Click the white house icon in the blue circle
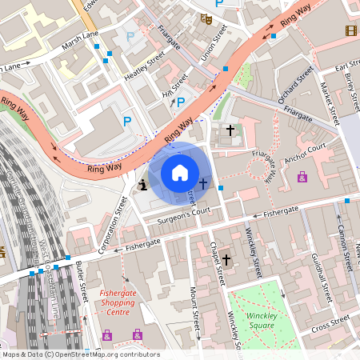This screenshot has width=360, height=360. (180, 172)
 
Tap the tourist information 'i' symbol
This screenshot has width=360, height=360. (142, 185)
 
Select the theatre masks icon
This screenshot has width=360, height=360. (206, 18)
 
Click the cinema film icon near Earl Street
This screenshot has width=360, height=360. (351, 30)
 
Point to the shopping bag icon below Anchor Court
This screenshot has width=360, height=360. (302, 178)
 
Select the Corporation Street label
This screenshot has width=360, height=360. (113, 226)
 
